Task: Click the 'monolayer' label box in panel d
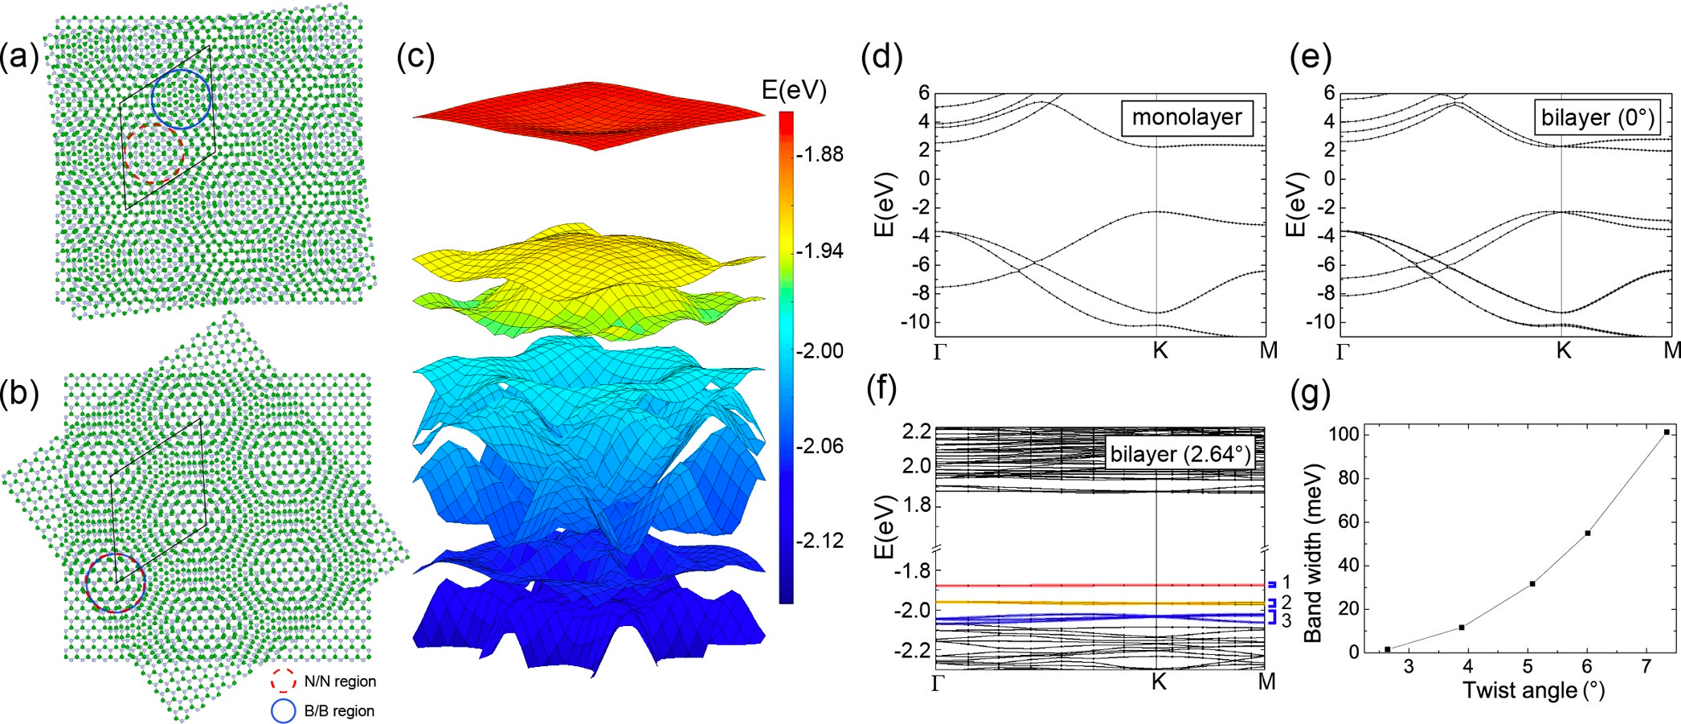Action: coord(1186,117)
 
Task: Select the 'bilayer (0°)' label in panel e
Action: coord(1597,117)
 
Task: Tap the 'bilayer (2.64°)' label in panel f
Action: coord(1180,454)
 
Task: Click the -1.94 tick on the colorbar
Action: coord(820,252)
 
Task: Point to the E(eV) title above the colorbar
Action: coord(794,90)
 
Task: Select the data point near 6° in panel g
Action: coord(1587,533)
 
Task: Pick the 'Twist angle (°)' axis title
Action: coord(1533,690)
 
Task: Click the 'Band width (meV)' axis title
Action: coord(1313,553)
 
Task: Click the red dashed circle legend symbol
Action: coord(283,681)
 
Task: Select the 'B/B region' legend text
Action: coord(339,711)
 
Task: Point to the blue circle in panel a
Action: coord(182,99)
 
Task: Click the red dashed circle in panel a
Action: coord(155,153)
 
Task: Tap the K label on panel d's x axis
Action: coord(1160,350)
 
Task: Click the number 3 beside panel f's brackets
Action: coord(1286,620)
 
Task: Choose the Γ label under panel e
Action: coord(1343,351)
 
